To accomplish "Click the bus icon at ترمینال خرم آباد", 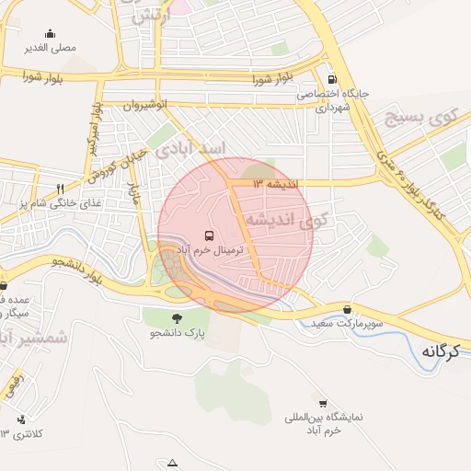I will pyautogui.click(x=209, y=236).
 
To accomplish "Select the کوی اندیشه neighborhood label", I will pyautogui.click(x=289, y=220).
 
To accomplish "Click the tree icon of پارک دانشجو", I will pyautogui.click(x=177, y=317).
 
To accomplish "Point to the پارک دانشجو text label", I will pyautogui.click(x=176, y=332).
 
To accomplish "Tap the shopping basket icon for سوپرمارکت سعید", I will pyautogui.click(x=346, y=309).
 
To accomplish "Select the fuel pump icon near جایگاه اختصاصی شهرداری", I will pyautogui.click(x=332, y=79).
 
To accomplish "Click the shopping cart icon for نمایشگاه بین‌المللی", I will pyautogui.click(x=322, y=403).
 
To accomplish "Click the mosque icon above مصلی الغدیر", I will pyautogui.click(x=49, y=33).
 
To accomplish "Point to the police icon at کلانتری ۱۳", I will pyautogui.click(x=21, y=419).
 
